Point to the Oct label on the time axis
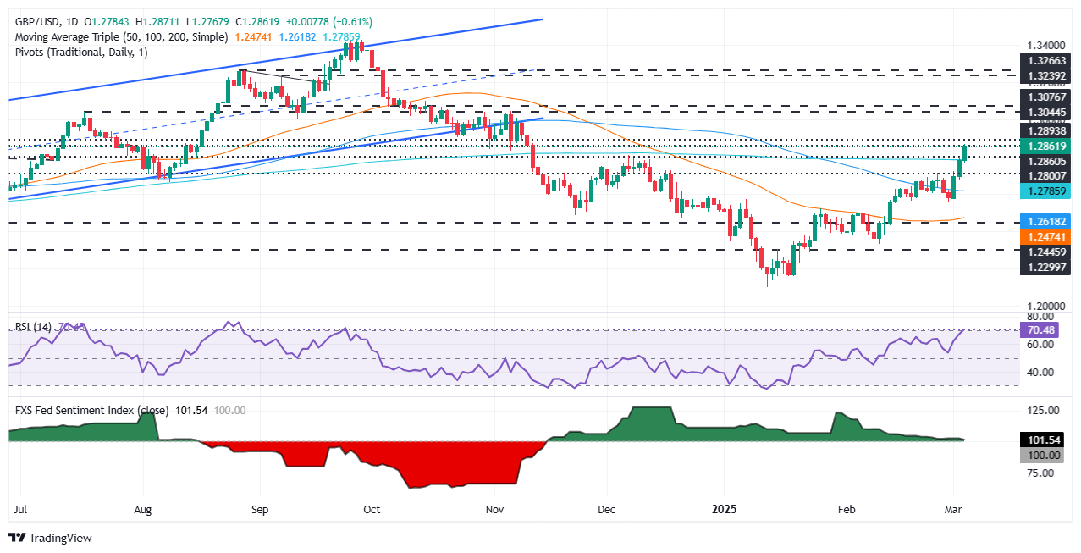(x=371, y=511)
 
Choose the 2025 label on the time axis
(x=724, y=511)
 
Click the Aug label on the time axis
(x=143, y=511)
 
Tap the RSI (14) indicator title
(x=34, y=326)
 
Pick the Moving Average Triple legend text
(x=119, y=36)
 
